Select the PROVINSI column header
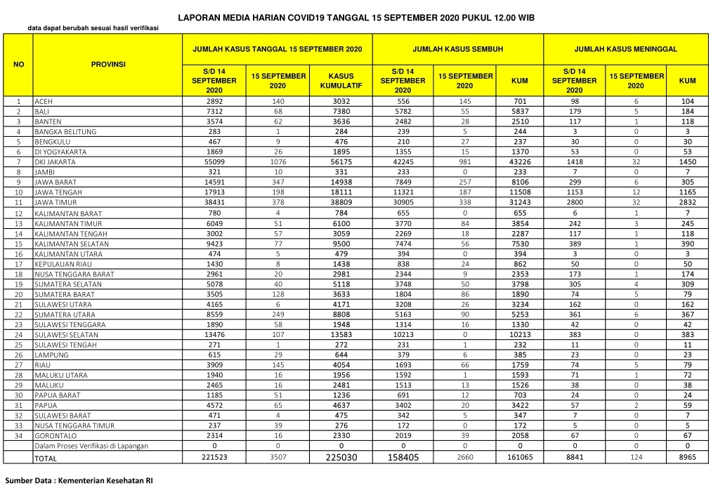click(x=108, y=64)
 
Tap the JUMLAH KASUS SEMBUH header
click(x=457, y=50)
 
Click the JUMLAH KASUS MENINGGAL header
click(x=625, y=50)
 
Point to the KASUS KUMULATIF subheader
click(x=341, y=80)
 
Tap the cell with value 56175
click(x=341, y=161)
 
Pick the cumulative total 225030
click(x=341, y=457)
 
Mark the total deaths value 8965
click(x=687, y=457)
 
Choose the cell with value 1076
click(x=278, y=161)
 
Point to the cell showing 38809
click(x=341, y=202)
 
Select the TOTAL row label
click(x=46, y=458)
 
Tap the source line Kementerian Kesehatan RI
click(x=79, y=481)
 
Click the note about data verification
click(x=93, y=28)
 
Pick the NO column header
click(x=18, y=64)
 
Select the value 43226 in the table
click(x=520, y=161)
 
